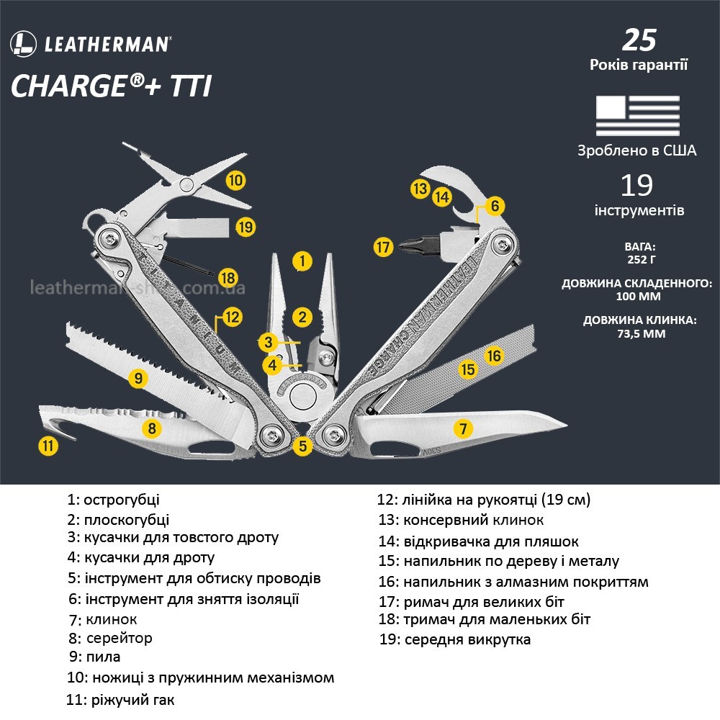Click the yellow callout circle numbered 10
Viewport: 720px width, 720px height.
235,179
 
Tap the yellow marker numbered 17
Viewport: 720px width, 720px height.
384,248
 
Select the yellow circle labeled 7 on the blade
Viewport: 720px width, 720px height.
463,429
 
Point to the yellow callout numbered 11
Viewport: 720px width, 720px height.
48,446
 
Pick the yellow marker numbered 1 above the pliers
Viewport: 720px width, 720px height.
303,260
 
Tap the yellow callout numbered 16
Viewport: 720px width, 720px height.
493,355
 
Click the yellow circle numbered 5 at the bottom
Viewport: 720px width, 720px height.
303,446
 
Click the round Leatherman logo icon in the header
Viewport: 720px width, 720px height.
23,44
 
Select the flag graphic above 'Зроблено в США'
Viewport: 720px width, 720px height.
637,115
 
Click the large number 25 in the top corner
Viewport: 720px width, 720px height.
639,40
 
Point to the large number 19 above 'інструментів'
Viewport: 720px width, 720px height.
637,185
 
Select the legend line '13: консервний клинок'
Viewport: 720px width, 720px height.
462,520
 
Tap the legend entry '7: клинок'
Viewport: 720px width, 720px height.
103,619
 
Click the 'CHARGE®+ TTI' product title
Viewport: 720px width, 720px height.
112,87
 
